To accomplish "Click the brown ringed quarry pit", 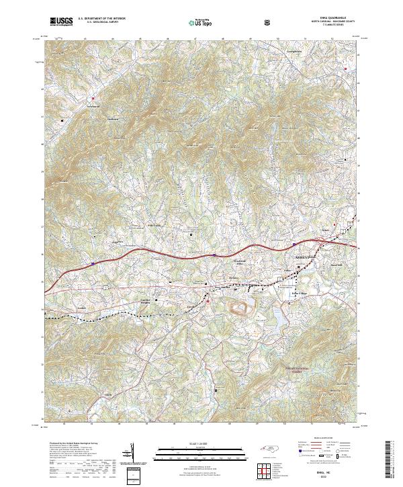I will coord(240,309).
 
